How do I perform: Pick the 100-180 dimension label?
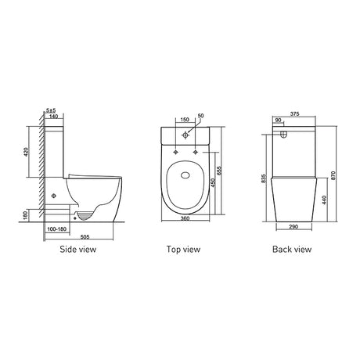tap(56, 229)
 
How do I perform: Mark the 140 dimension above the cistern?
tap(52, 115)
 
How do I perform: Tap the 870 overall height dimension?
tap(335, 176)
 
